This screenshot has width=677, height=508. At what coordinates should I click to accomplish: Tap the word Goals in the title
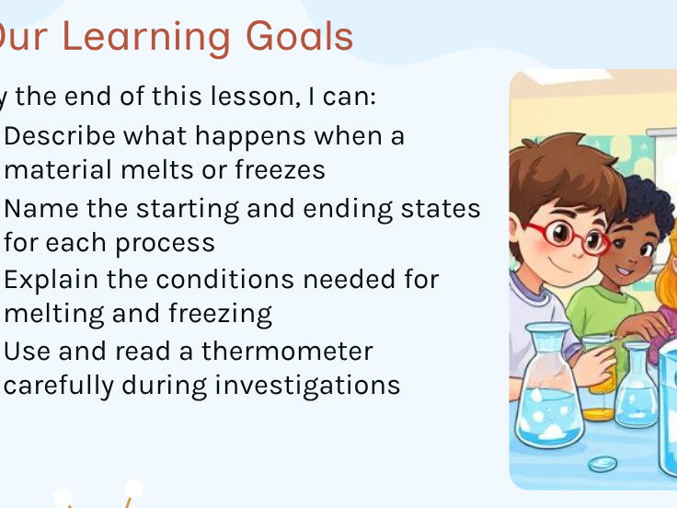299,37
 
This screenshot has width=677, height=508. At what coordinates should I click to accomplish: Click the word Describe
61,136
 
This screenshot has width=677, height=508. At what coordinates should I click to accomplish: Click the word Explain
56,279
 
